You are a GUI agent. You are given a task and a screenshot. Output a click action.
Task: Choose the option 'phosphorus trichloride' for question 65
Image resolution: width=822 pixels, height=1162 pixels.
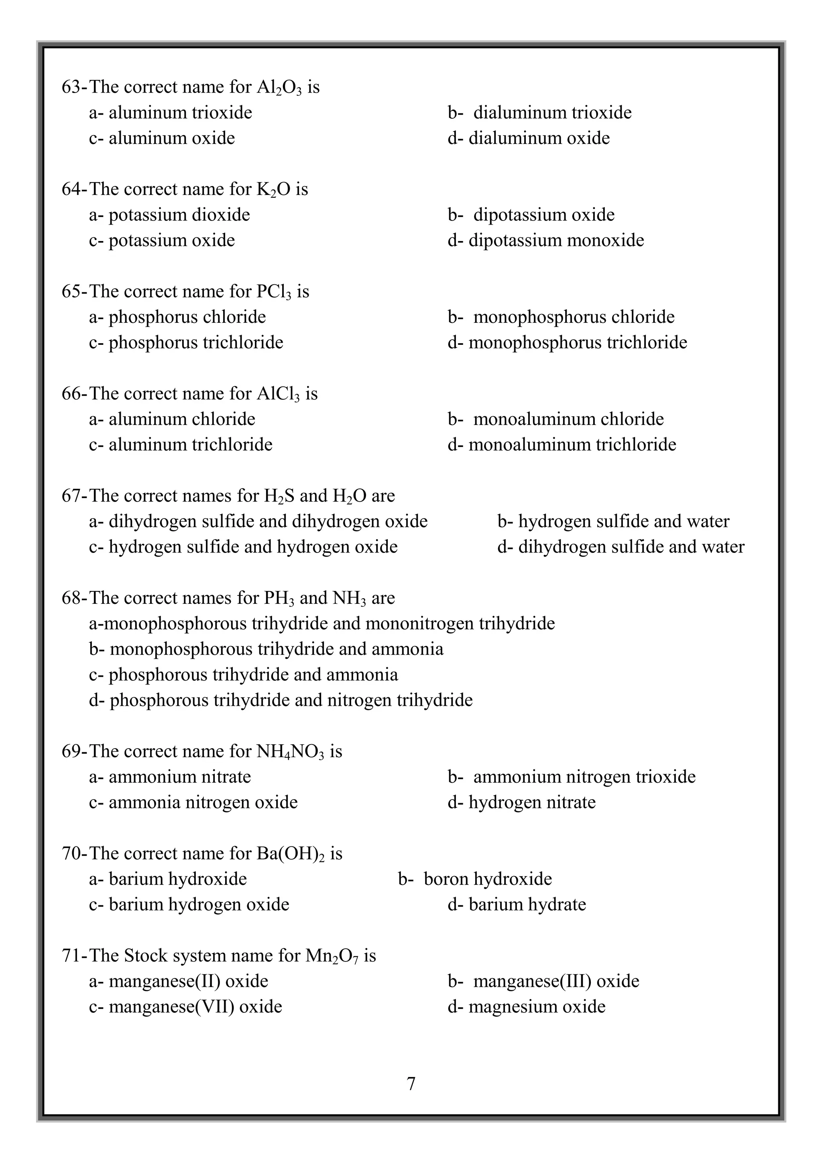tap(195, 343)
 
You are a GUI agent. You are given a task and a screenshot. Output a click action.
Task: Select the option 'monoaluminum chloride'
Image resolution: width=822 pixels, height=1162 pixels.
tap(568, 419)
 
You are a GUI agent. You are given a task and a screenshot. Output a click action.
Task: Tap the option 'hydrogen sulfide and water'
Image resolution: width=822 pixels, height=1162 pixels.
tap(623, 521)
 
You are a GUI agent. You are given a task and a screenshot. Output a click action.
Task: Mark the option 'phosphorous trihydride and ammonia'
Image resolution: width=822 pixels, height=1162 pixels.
tap(253, 675)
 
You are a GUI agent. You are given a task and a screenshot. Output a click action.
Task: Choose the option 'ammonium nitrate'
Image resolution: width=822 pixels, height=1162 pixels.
tap(179, 777)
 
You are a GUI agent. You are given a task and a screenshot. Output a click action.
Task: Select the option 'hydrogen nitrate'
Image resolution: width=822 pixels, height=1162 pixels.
tap(531, 802)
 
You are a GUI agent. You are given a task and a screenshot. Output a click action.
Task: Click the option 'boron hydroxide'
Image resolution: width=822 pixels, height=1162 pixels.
tap(487, 879)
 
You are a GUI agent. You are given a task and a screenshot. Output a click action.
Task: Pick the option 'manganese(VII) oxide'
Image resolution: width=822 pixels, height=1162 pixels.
tap(195, 1007)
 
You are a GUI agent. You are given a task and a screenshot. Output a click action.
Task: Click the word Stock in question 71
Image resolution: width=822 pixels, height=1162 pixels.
tap(145, 956)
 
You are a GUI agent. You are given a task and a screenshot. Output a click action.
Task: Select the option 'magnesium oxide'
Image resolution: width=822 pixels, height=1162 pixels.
tap(536, 1007)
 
